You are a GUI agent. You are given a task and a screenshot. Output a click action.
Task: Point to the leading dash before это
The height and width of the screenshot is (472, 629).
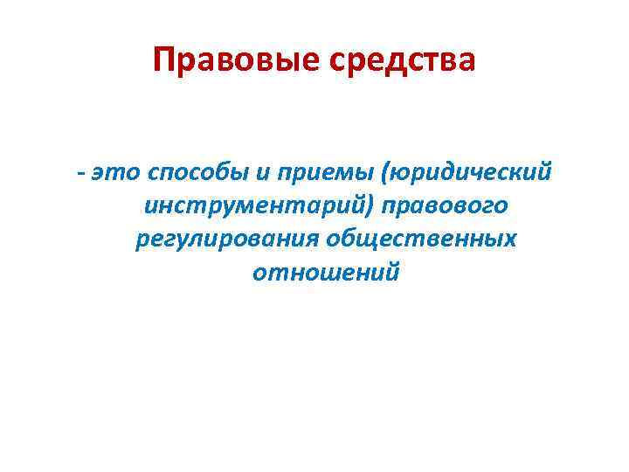[80, 172]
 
